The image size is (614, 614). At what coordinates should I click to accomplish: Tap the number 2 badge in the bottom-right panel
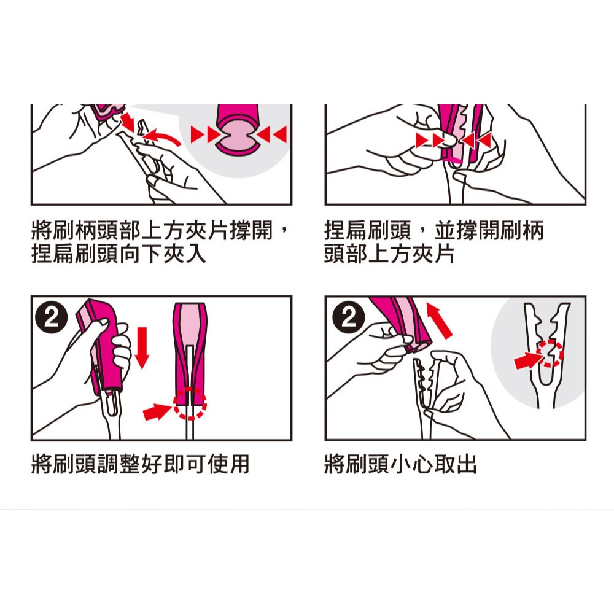(349, 317)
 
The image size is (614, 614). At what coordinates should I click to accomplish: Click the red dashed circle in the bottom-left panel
(190, 404)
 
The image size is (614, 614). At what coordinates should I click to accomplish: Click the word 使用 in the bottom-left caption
(228, 464)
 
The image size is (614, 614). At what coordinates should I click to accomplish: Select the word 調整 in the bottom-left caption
(119, 464)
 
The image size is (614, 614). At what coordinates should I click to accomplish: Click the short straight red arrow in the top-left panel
(128, 122)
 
